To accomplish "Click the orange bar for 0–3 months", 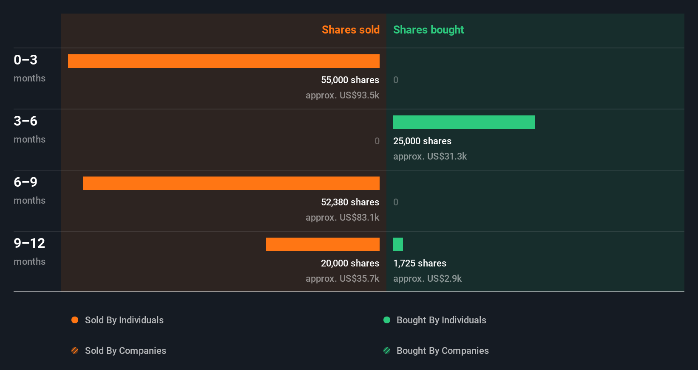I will pos(224,61).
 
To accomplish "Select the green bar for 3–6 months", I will pos(464,122).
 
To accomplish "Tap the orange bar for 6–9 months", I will pos(231,183).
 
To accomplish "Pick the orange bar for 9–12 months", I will pos(323,244).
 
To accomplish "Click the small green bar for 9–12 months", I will pos(398,244).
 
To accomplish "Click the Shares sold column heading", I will pos(350,30).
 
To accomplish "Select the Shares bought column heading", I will pos(428,30).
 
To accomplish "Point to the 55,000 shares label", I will pos(350,80).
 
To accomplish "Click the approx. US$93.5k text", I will pos(342,95).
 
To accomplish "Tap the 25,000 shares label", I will pos(422,141).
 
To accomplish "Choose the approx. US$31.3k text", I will pos(430,156).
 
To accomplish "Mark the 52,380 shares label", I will pos(350,202).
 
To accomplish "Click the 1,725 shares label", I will pos(420,263).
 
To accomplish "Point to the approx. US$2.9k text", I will pos(427,278).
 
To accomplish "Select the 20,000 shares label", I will pos(350,263).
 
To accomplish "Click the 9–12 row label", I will pos(29,243).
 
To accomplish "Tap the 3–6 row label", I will pos(26,121).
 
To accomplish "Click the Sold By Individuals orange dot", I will pos(75,320).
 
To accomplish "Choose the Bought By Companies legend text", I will pos(443,350).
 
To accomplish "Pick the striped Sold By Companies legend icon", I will pos(75,350).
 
